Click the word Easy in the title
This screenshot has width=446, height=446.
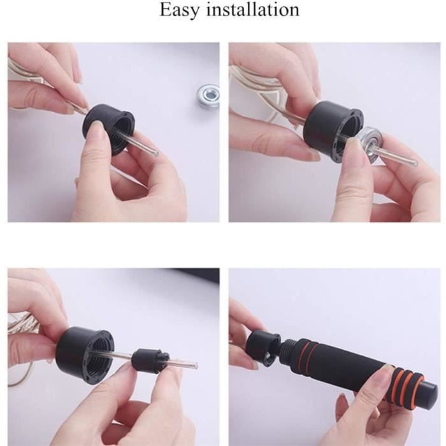(180, 10)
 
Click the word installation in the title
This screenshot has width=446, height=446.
(253, 10)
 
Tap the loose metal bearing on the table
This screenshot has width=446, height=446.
(208, 96)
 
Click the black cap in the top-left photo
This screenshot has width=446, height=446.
(109, 130)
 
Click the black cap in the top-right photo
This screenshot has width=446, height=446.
(333, 133)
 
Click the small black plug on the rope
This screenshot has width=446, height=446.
(151, 361)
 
